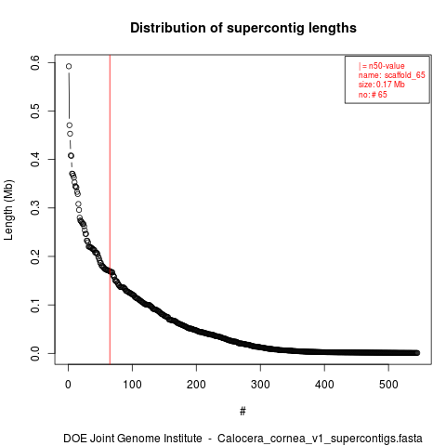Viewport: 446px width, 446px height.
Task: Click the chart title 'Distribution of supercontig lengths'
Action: click(243, 28)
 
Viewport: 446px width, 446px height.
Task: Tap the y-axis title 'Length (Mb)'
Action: click(8, 210)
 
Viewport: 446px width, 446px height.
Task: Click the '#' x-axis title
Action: click(243, 412)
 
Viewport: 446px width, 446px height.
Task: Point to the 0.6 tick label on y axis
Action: click(35, 62)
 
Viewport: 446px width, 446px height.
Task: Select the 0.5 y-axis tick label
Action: click(35, 111)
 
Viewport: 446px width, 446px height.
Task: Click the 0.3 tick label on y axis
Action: click(35, 208)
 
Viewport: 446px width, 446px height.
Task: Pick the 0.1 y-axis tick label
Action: click(35, 305)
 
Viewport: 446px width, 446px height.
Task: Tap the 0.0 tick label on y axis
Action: click(35, 353)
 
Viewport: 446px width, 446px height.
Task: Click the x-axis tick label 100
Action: click(132, 385)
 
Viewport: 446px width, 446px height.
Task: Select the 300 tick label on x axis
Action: click(260, 385)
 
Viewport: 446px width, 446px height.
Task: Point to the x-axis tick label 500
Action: click(388, 385)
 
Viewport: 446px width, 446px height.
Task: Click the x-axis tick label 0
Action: click(68, 385)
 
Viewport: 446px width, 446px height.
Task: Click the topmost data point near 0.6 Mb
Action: click(69, 66)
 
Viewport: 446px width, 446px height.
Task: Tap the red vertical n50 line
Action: click(110, 209)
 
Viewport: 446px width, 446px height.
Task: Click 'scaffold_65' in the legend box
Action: click(405, 75)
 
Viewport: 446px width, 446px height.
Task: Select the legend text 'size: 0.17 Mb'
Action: click(382, 85)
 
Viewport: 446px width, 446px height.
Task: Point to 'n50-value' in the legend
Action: click(387, 66)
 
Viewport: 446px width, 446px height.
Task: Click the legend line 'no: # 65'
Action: click(373, 95)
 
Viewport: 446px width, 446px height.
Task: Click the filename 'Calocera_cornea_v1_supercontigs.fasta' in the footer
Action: click(320, 439)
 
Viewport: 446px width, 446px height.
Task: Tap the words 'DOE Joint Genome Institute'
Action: click(133, 439)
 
